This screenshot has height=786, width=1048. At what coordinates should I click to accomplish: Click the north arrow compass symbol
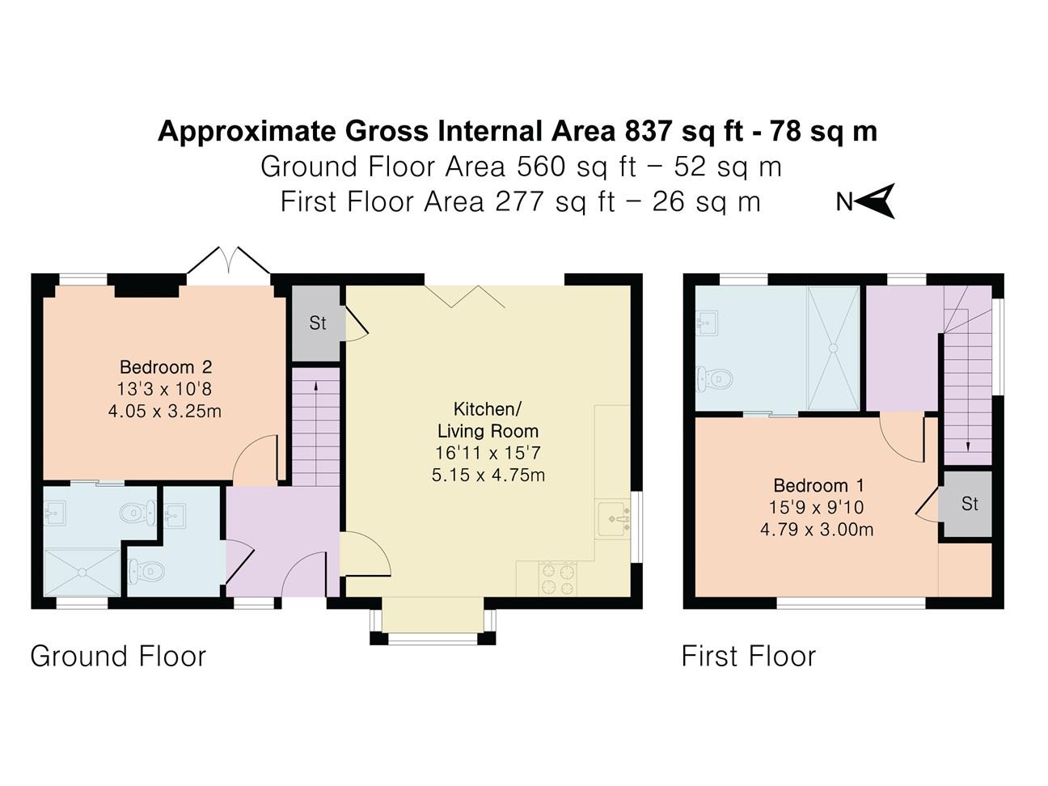[x=873, y=201]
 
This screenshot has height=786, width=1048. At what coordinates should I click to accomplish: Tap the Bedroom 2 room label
[x=166, y=367]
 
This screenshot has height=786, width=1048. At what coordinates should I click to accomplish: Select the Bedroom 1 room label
[x=818, y=485]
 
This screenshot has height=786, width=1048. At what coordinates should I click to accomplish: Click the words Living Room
[x=488, y=431]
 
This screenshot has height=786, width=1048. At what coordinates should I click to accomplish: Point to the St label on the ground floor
[x=318, y=323]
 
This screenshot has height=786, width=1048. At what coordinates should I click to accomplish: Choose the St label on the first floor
[x=970, y=504]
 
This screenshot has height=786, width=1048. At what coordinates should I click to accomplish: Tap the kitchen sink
[x=613, y=519]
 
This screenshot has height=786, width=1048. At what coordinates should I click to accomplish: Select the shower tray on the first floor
[x=833, y=348]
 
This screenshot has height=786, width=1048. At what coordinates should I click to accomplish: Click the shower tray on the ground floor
[x=82, y=573]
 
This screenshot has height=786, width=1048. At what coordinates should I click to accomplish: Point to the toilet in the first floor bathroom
[x=714, y=379]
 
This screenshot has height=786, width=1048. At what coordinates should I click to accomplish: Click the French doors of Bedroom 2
[x=229, y=261]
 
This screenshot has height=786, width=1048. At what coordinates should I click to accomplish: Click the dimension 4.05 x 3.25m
[x=165, y=411]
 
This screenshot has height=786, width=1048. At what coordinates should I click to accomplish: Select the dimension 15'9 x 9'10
[x=817, y=507]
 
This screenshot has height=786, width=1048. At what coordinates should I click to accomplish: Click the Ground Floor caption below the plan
[x=118, y=656]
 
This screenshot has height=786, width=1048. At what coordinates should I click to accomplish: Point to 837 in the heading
[x=648, y=131]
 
